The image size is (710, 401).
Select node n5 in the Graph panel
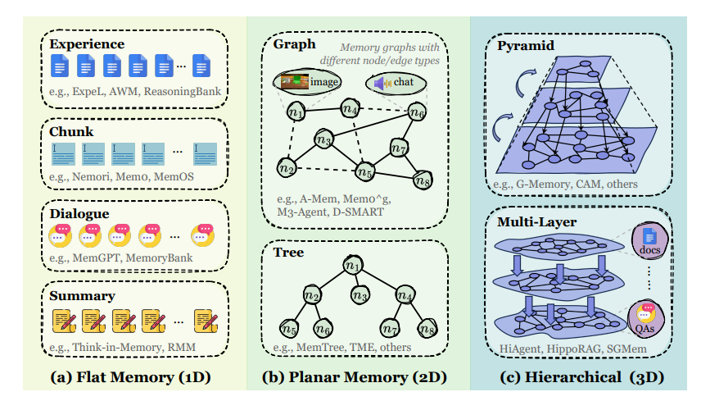pos(364,171)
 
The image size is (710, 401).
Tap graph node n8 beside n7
pos(423,179)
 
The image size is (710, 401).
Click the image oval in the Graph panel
pos(308,81)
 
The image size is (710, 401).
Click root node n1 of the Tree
pos(353,267)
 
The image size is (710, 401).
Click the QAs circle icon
pos(646,318)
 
